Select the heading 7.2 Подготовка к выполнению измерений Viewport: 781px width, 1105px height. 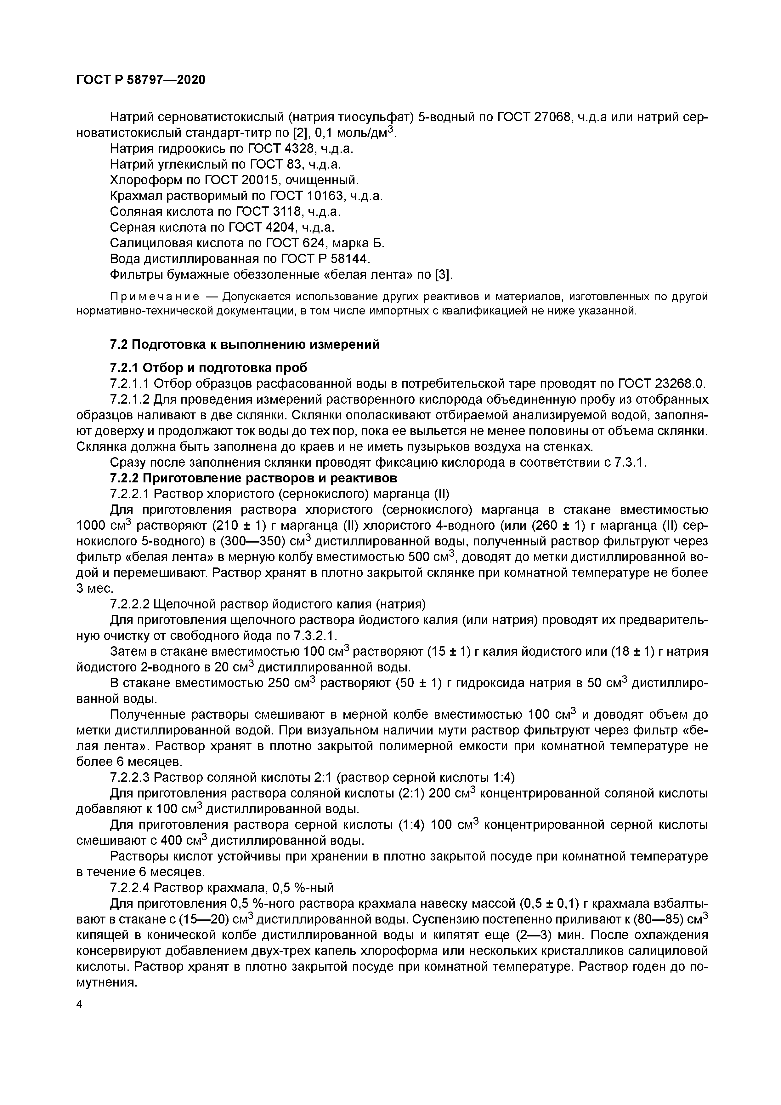[x=245, y=345]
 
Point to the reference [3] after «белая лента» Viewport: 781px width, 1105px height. [x=443, y=275]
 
